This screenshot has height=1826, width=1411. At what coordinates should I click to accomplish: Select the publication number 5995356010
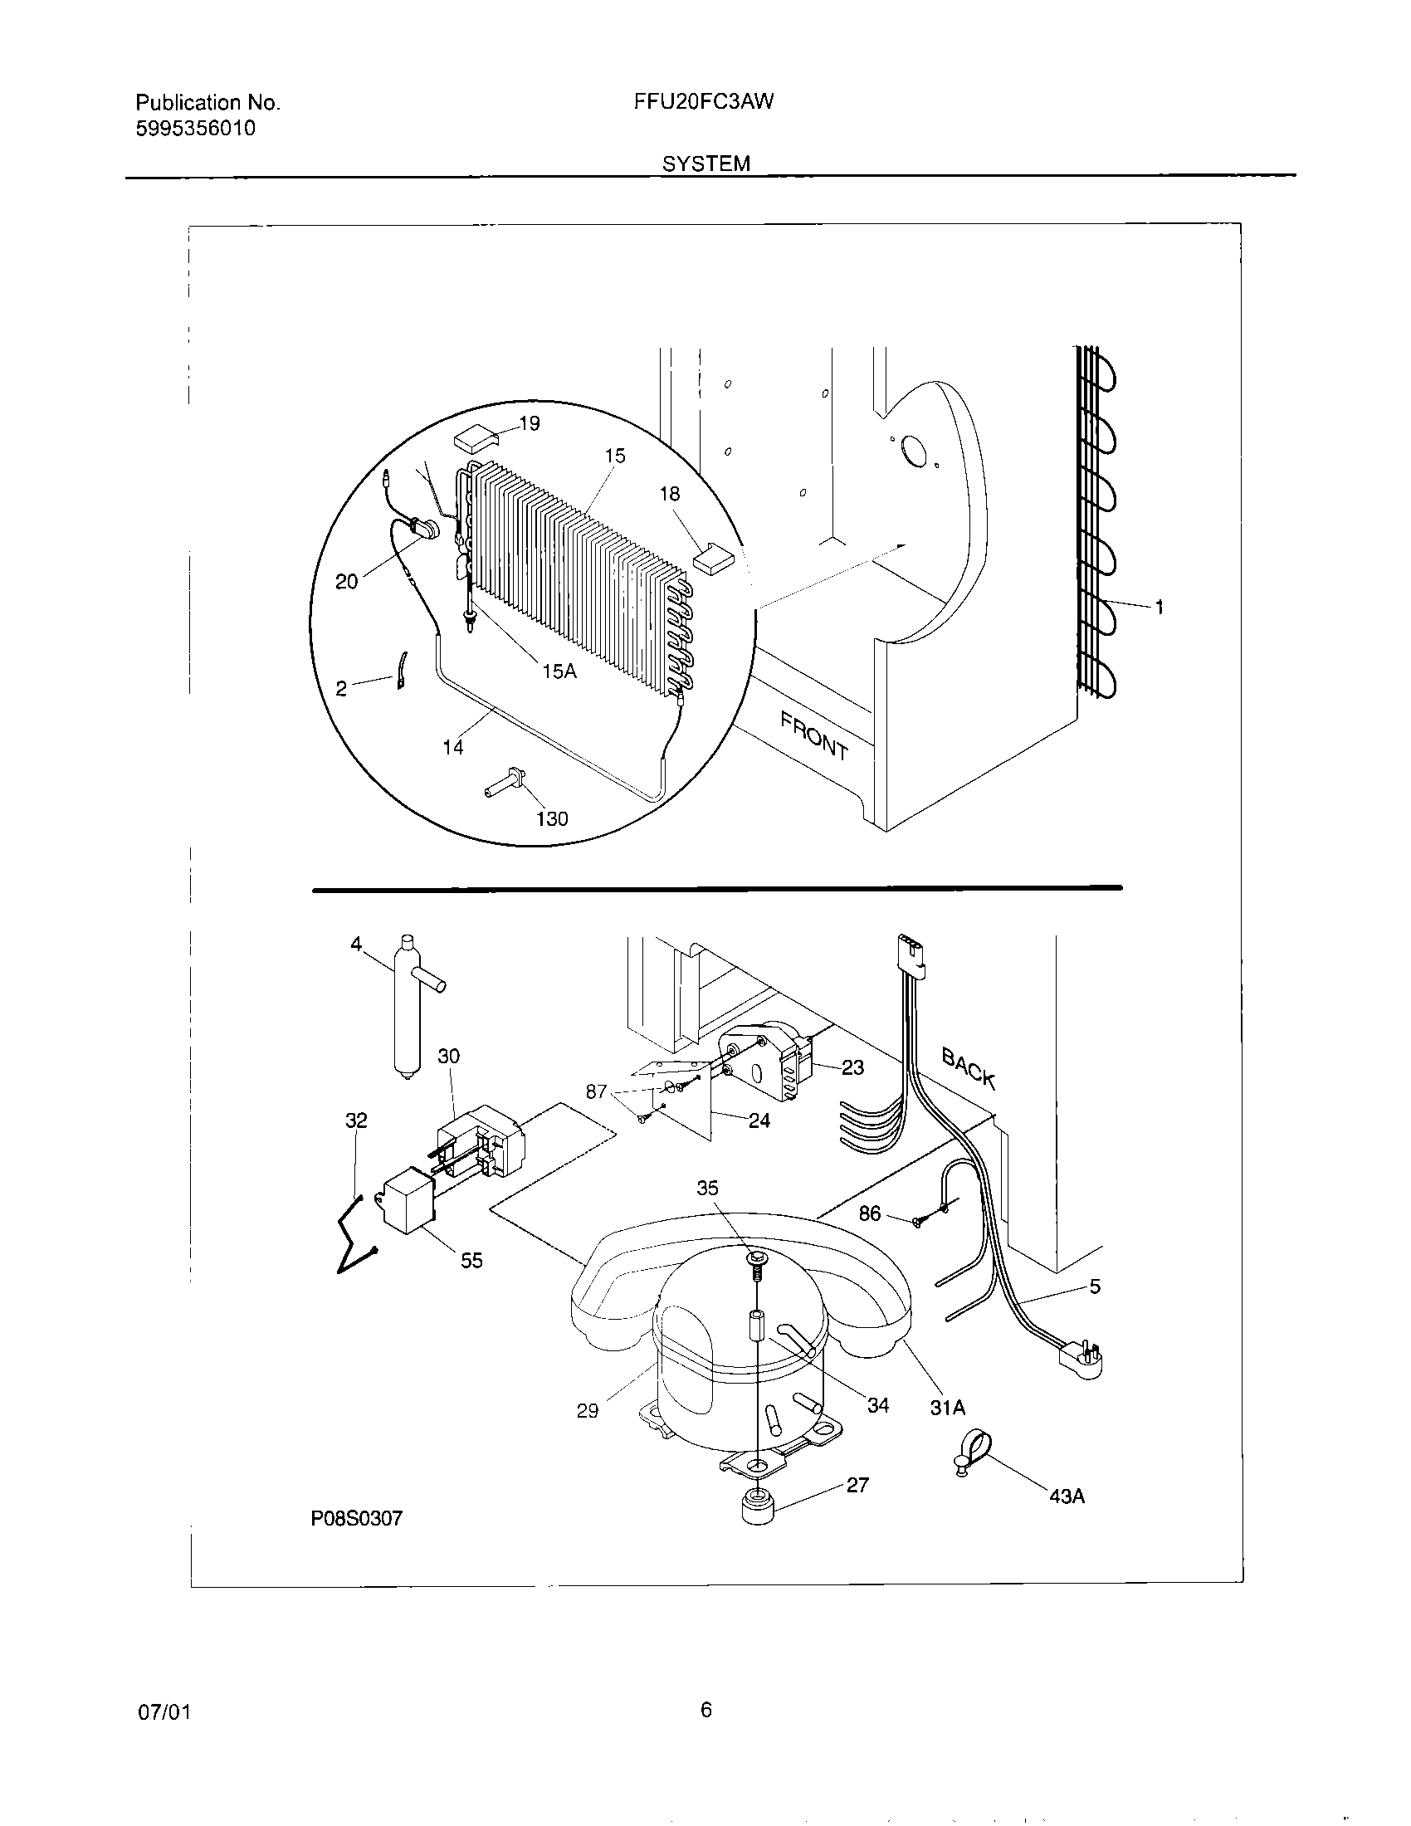click(196, 129)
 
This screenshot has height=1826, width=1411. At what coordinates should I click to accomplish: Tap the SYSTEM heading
click(705, 164)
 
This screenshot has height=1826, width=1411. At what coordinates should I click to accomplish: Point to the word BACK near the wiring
click(969, 1068)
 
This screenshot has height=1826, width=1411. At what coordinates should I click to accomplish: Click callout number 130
click(552, 818)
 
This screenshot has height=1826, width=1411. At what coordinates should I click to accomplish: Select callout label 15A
click(559, 671)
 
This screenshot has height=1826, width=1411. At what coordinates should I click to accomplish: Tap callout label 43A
click(1067, 1496)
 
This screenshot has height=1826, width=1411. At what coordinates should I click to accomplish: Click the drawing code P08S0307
click(357, 1518)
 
